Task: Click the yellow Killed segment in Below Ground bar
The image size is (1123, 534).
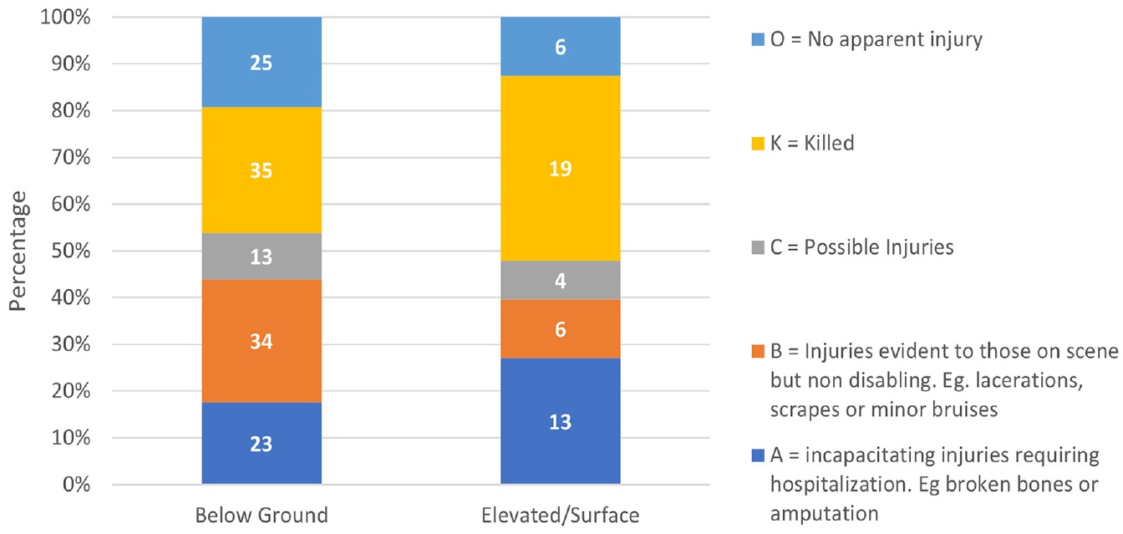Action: click(x=262, y=170)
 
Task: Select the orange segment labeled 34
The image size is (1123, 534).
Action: click(x=262, y=341)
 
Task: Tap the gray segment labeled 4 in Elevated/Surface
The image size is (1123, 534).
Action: click(x=560, y=280)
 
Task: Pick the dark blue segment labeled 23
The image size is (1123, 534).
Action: click(x=262, y=443)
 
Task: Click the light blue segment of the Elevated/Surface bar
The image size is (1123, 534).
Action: click(x=560, y=46)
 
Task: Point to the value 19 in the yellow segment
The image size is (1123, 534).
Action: click(x=560, y=169)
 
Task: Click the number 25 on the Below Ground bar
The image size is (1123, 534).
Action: click(x=262, y=63)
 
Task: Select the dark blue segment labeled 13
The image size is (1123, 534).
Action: click(x=560, y=421)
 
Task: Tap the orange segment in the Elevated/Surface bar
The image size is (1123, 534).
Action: click(x=560, y=329)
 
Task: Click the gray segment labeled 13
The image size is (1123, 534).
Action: click(x=262, y=257)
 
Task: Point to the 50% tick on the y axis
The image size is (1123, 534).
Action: click(x=71, y=250)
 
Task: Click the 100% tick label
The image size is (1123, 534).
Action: click(x=65, y=17)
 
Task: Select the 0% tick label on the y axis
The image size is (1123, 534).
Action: click(x=76, y=485)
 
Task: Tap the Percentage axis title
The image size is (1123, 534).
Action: click(x=18, y=251)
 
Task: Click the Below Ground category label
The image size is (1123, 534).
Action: click(x=262, y=515)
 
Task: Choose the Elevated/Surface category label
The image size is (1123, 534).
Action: click(x=560, y=515)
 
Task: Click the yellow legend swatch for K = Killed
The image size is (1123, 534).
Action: click(x=758, y=144)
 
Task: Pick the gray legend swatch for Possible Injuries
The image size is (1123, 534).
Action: click(x=758, y=247)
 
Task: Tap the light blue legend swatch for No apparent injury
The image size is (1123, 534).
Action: click(x=758, y=39)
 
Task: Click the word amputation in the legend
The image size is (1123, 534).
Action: click(x=824, y=514)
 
